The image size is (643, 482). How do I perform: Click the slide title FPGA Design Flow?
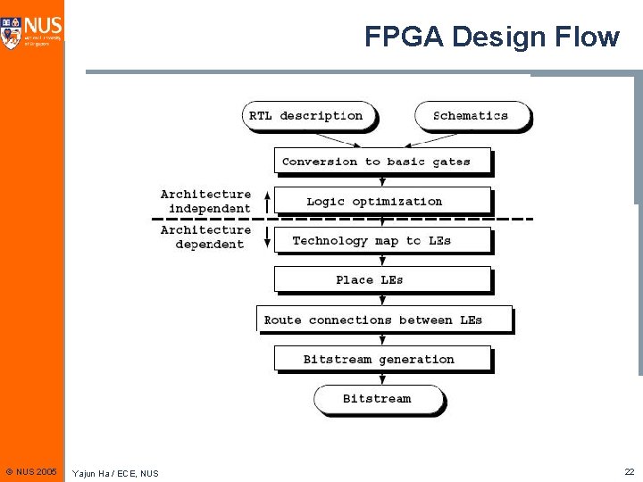[x=491, y=37]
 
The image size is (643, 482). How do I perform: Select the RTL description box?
[x=306, y=116]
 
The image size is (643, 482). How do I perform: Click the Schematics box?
[x=471, y=116]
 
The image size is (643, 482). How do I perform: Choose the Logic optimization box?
[x=382, y=201]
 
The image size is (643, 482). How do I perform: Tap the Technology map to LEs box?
[x=382, y=240]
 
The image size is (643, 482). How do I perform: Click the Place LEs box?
[x=382, y=279]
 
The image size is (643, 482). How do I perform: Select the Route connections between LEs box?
[x=384, y=320]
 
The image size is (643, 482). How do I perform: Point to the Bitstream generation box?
[x=382, y=359]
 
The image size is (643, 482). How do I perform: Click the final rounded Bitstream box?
[x=378, y=399]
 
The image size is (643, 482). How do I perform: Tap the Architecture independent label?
[x=206, y=201]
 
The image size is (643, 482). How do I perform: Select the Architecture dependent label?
[x=206, y=237]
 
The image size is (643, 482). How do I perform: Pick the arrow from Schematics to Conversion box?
[x=437, y=139]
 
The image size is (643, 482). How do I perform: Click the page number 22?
[x=629, y=470]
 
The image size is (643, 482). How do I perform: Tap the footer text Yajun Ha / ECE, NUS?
[x=115, y=472]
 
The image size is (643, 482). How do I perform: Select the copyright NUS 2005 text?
[x=30, y=470]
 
